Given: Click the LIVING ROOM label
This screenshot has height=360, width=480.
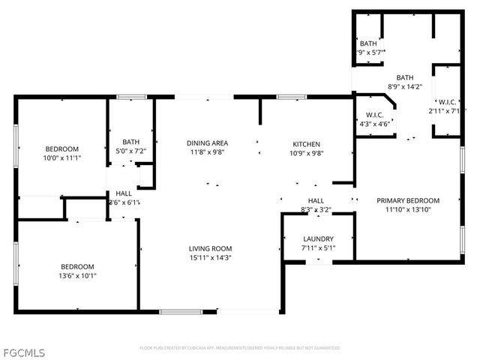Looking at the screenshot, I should [x=210, y=248].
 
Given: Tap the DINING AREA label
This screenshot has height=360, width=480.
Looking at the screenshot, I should [x=207, y=143].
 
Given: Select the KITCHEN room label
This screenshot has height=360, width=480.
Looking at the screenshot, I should [x=306, y=143].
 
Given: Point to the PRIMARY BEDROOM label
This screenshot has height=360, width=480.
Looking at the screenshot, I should [x=408, y=200].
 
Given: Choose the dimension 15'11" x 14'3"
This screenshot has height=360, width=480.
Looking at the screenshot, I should [x=210, y=257].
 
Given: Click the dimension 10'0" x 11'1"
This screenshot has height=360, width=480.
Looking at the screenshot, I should [x=61, y=158].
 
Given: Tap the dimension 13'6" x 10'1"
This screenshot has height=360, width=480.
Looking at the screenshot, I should [x=77, y=275].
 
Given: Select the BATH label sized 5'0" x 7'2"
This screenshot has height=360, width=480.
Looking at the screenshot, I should [x=131, y=142].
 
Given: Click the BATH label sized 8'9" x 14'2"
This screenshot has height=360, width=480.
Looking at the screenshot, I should [x=405, y=77].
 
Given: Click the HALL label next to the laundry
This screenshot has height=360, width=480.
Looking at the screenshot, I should [x=316, y=200].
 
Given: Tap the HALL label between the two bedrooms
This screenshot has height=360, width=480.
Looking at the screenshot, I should [x=124, y=193].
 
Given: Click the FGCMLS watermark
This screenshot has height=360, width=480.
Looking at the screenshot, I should [x=24, y=352].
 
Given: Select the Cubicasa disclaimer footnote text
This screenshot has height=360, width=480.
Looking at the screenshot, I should [x=239, y=348].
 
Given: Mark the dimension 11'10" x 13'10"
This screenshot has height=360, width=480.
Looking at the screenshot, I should [x=408, y=209].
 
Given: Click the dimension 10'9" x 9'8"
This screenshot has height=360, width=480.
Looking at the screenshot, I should [x=306, y=152].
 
